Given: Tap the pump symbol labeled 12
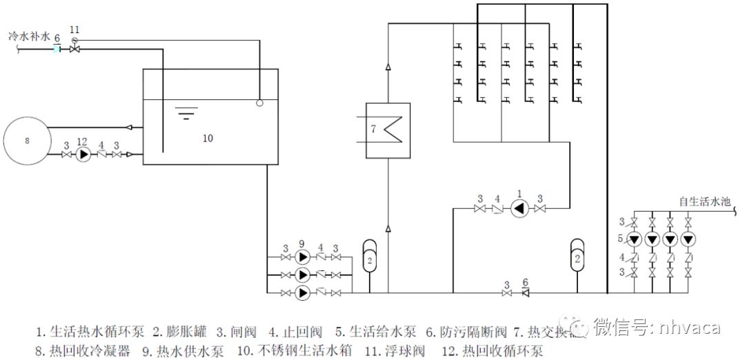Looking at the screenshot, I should pyautogui.click(x=84, y=154).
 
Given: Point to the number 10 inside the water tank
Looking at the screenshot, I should pyautogui.click(x=208, y=138).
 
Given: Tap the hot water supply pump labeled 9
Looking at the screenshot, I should pyautogui.click(x=302, y=257).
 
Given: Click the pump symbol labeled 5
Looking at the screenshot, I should pyautogui.click(x=633, y=239).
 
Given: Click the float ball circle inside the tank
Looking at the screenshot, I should pyautogui.click(x=259, y=103).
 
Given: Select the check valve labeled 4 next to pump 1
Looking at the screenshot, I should pyautogui.click(x=497, y=209).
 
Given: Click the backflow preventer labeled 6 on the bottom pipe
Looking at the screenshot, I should pyautogui.click(x=525, y=293).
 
